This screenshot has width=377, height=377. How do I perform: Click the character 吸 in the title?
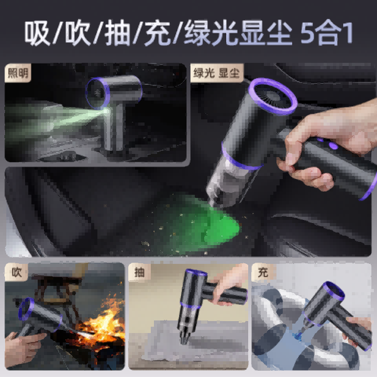click(37, 33)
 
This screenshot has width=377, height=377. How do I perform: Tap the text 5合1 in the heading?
click(327, 33)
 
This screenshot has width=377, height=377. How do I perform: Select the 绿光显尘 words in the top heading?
click(238, 33)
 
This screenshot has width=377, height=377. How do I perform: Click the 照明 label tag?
click(18, 73)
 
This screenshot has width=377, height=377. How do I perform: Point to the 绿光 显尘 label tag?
click(217, 73)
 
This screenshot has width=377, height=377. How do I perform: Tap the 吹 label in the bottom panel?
click(16, 272)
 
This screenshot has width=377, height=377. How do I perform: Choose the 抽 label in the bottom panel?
click(139, 272)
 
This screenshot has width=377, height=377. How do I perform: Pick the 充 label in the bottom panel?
click(263, 272)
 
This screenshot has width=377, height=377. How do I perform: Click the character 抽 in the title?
click(118, 33)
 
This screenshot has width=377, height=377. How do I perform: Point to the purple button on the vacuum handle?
click(333, 145)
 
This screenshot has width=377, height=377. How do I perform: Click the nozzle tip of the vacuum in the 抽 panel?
click(185, 341)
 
